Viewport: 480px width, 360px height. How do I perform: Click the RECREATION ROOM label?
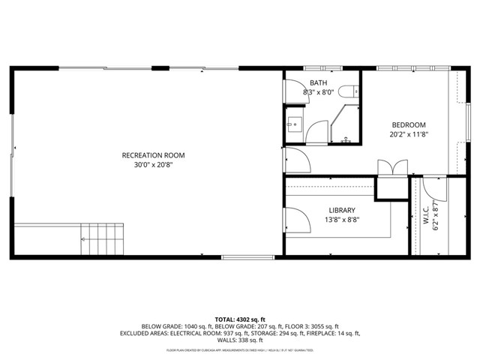click(x=153, y=155)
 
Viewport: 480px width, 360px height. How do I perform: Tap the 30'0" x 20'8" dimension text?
click(x=153, y=166)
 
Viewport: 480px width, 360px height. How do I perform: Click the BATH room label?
click(x=317, y=83)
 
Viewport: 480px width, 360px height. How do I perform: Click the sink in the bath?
click(x=294, y=124)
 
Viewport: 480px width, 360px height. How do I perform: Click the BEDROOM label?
click(x=408, y=124)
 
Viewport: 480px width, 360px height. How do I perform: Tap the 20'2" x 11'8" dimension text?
click(x=408, y=135)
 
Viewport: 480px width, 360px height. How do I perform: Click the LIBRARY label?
click(x=341, y=210)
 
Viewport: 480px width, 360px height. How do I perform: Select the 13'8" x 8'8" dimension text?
click(x=341, y=220)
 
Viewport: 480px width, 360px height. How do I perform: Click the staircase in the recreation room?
click(x=100, y=238)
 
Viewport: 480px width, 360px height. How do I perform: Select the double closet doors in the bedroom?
click(x=393, y=168)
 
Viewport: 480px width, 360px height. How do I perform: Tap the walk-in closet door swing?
click(x=432, y=188)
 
